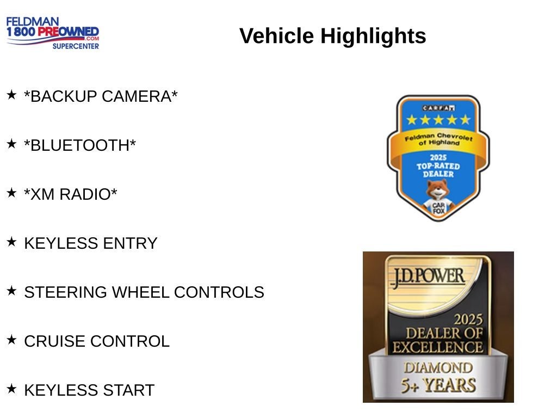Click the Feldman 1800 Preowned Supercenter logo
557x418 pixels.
click(x=53, y=33)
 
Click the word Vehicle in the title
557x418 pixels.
click(x=276, y=35)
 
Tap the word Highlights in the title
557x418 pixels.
click(x=373, y=36)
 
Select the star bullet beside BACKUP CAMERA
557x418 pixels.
click(x=12, y=95)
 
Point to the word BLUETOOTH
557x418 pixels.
click(x=80, y=145)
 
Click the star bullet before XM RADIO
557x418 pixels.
click(x=12, y=193)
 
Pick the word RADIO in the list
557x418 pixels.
click(x=88, y=194)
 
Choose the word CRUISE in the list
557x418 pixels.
click(x=55, y=341)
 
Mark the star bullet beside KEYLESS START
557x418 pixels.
click(x=12, y=389)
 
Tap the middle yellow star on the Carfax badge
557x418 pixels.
click(x=438, y=120)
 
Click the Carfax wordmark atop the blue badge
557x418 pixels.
click(x=438, y=108)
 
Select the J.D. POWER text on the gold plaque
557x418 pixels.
click(x=428, y=277)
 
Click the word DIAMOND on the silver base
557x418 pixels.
click(x=438, y=368)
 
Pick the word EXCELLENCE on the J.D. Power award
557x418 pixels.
click(x=438, y=347)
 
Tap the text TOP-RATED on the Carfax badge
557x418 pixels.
click(x=438, y=166)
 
